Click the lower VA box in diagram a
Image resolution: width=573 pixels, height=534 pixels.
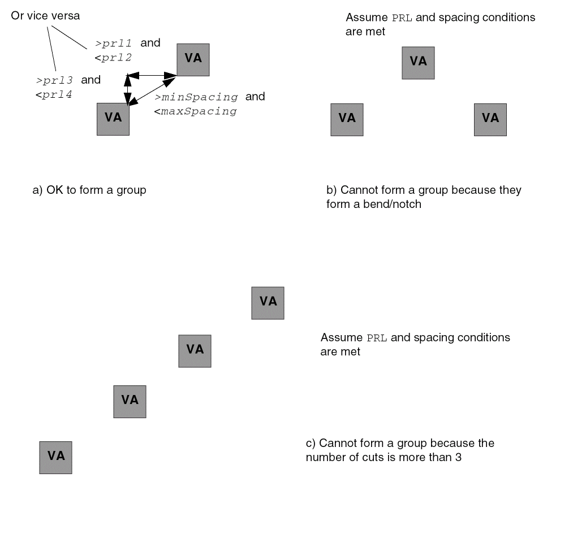(x=113, y=119)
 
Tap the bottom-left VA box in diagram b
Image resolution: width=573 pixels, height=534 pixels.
(x=347, y=119)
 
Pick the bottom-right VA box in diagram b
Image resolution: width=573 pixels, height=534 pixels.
(x=490, y=119)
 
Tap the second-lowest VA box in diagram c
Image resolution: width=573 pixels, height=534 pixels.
(x=130, y=401)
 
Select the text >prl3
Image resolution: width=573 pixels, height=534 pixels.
(x=55, y=80)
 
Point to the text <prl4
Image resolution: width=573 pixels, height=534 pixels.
(x=54, y=94)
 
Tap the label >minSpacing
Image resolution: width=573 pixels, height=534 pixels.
(x=196, y=97)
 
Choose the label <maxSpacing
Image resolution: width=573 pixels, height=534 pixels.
(x=195, y=111)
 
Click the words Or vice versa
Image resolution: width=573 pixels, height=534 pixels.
(x=45, y=16)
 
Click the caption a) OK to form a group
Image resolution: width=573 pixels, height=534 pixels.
(x=89, y=190)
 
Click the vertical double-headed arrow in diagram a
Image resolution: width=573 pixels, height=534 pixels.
(x=128, y=89)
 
